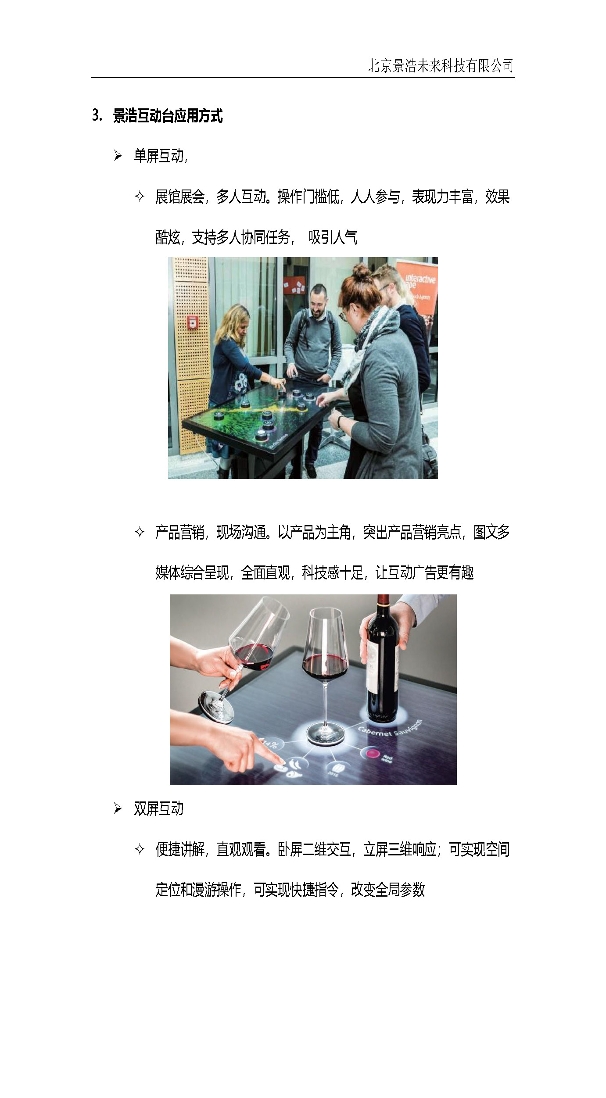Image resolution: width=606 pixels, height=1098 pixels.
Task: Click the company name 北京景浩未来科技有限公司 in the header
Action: coord(441,66)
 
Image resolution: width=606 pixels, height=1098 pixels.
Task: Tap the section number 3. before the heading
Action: coord(97,116)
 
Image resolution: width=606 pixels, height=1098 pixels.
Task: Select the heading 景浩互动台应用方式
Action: coord(168,116)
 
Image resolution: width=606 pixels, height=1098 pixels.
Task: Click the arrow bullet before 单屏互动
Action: coord(118,156)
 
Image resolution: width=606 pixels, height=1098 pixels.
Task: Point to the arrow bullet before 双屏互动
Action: coord(118,808)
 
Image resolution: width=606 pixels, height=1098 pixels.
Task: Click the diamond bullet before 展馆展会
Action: coord(140,197)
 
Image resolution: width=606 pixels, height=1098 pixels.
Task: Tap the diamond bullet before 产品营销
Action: coord(140,532)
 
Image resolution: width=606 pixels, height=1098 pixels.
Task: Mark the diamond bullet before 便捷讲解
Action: coord(140,849)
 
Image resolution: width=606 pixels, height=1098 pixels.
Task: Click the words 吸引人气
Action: coord(333,238)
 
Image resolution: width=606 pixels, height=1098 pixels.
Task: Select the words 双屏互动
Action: coord(158,808)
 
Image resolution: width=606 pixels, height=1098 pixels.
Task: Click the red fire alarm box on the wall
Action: coord(192,322)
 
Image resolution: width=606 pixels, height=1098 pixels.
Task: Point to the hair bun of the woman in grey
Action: coord(361,272)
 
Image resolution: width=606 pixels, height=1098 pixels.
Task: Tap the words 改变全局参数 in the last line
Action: coord(388,890)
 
